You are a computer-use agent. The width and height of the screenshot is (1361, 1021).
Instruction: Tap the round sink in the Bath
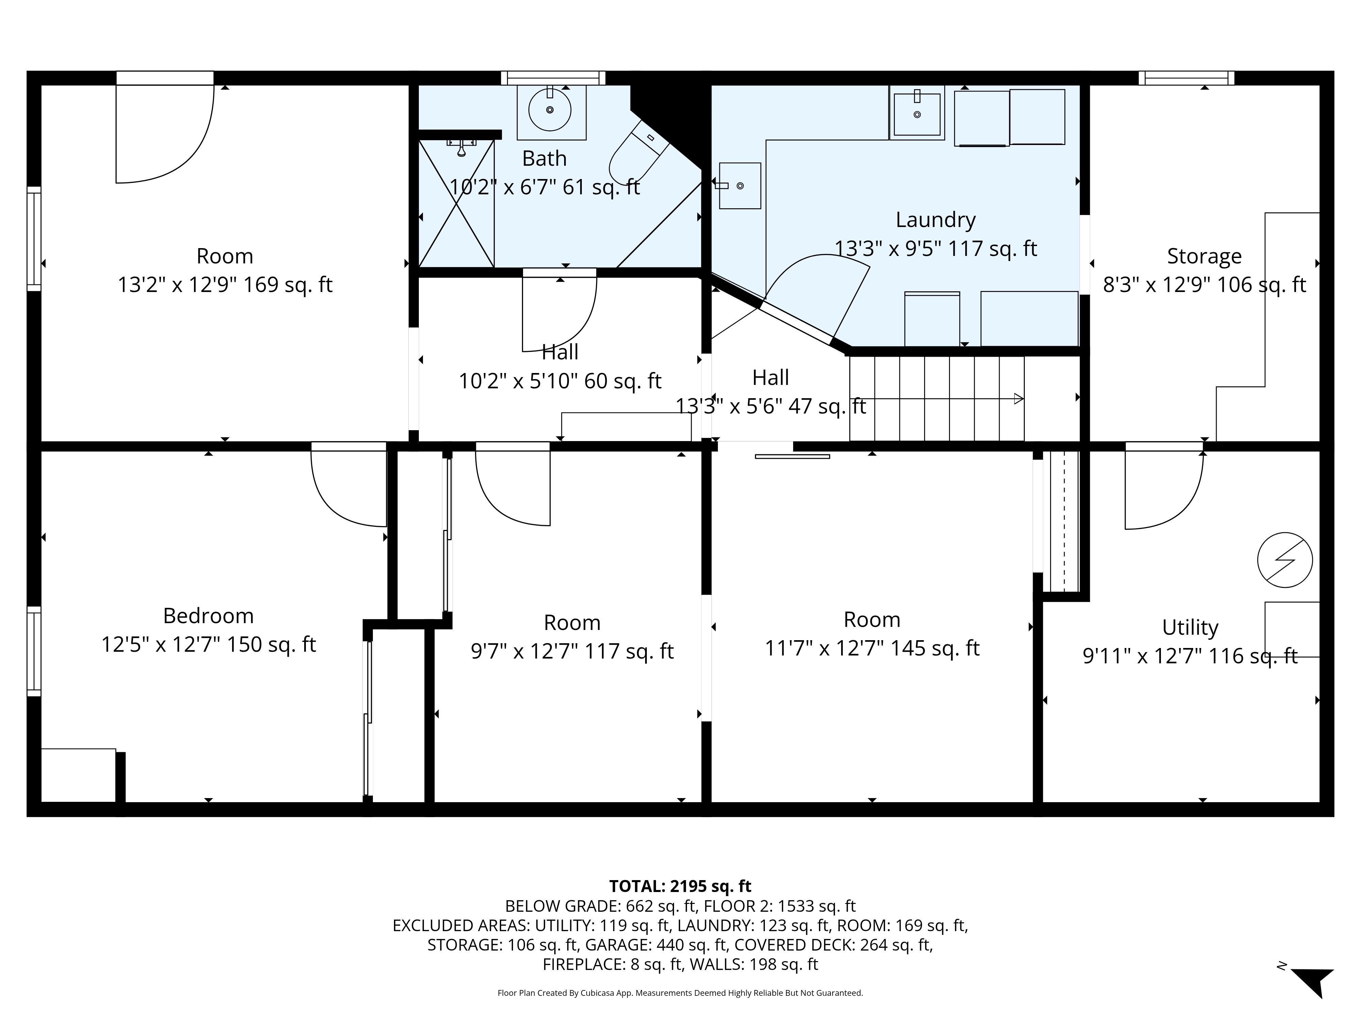click(550, 110)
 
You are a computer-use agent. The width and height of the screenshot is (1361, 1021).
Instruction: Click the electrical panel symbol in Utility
click(1285, 560)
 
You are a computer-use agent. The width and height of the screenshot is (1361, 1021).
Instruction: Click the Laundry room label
click(935, 220)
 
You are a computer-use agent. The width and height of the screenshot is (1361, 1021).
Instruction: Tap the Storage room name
click(1204, 256)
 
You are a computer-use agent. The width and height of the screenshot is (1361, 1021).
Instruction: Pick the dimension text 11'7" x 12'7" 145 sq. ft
click(872, 648)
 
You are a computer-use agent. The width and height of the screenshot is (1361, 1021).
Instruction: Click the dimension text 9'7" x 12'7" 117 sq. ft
click(572, 651)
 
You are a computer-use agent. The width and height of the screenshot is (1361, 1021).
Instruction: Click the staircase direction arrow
click(1018, 399)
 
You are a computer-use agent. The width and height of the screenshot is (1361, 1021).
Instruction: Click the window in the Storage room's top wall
click(1186, 78)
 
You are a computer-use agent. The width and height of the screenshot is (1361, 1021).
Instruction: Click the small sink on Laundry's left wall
click(740, 185)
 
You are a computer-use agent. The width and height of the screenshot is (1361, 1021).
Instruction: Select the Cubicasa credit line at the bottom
click(680, 993)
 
